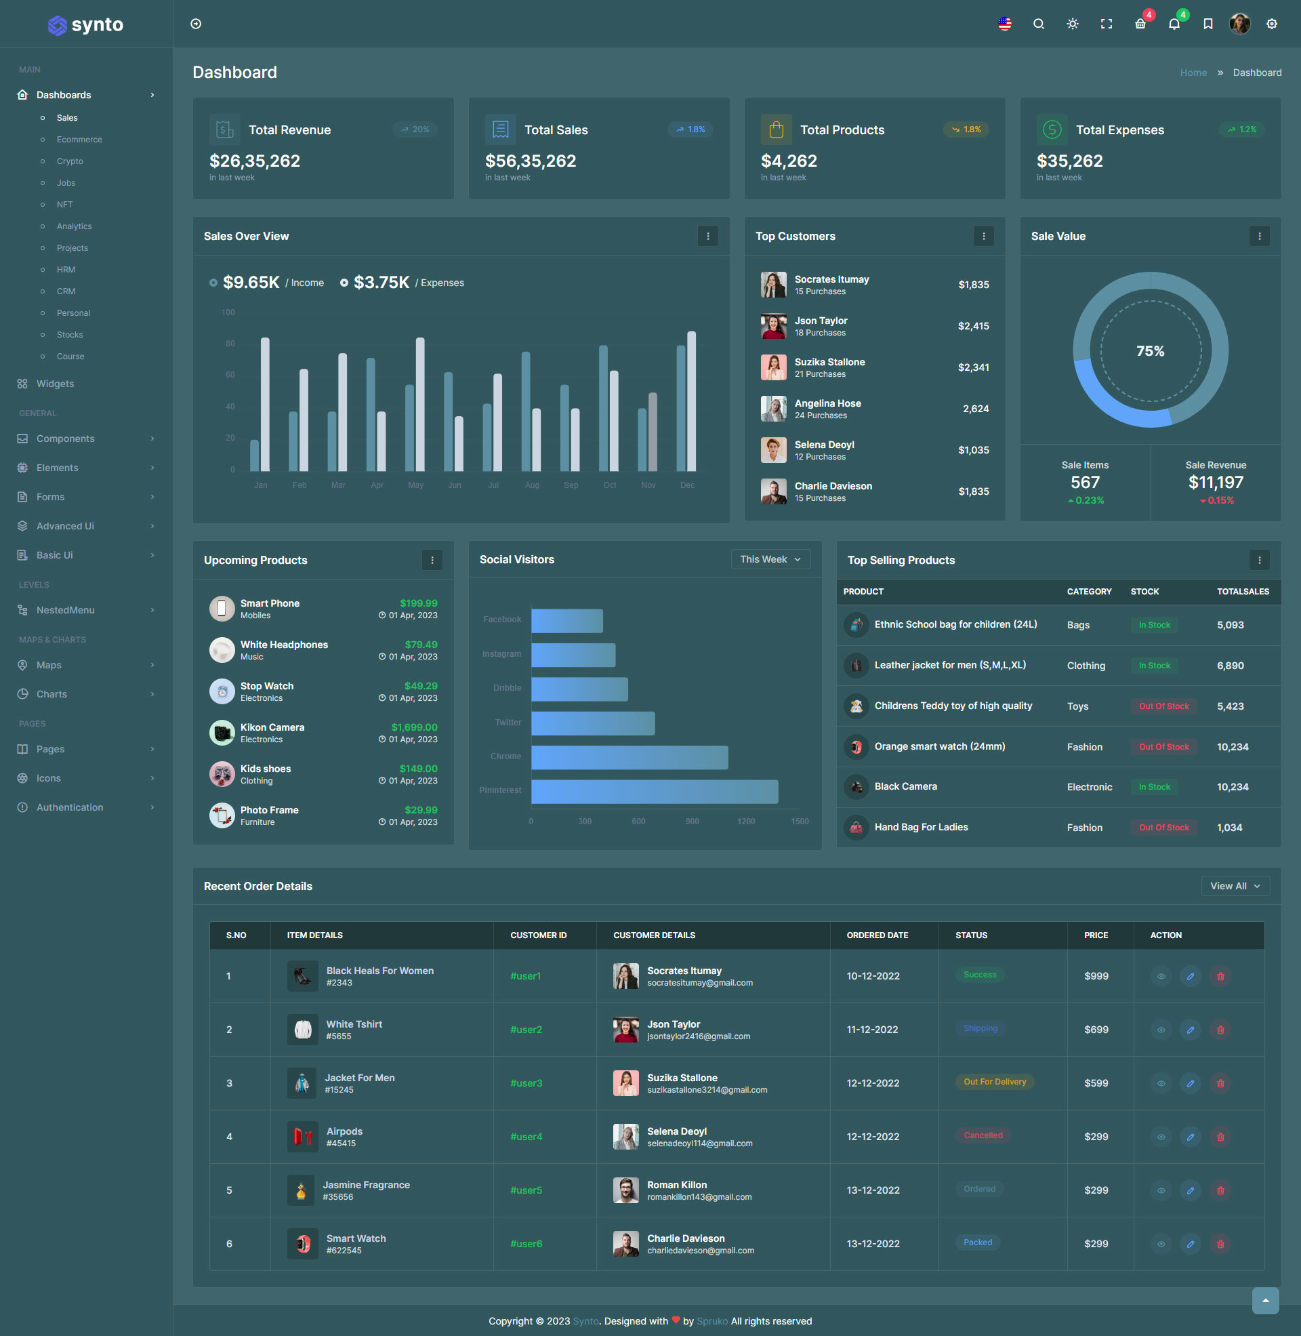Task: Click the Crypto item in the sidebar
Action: click(x=70, y=161)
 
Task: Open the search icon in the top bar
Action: click(x=1038, y=24)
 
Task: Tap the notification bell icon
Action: click(x=1174, y=24)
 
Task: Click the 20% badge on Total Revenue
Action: click(x=415, y=129)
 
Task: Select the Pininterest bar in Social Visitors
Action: click(x=654, y=791)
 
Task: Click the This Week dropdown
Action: click(x=770, y=559)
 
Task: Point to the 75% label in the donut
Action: click(x=1150, y=350)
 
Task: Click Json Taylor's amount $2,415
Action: click(x=973, y=326)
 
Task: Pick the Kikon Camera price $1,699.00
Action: click(x=414, y=727)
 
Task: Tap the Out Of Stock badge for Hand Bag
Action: click(x=1163, y=827)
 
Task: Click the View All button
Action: click(x=1235, y=886)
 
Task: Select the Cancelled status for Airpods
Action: click(x=983, y=1135)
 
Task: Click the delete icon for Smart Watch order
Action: click(x=1220, y=1244)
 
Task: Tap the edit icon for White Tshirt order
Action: click(x=1190, y=1030)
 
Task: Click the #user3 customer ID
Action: click(x=525, y=1083)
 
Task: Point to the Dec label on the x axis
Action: click(x=686, y=485)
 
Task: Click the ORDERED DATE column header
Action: click(x=877, y=935)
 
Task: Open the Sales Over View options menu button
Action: click(x=707, y=237)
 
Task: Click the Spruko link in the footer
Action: click(x=712, y=1321)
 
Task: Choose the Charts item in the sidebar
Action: click(x=52, y=694)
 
